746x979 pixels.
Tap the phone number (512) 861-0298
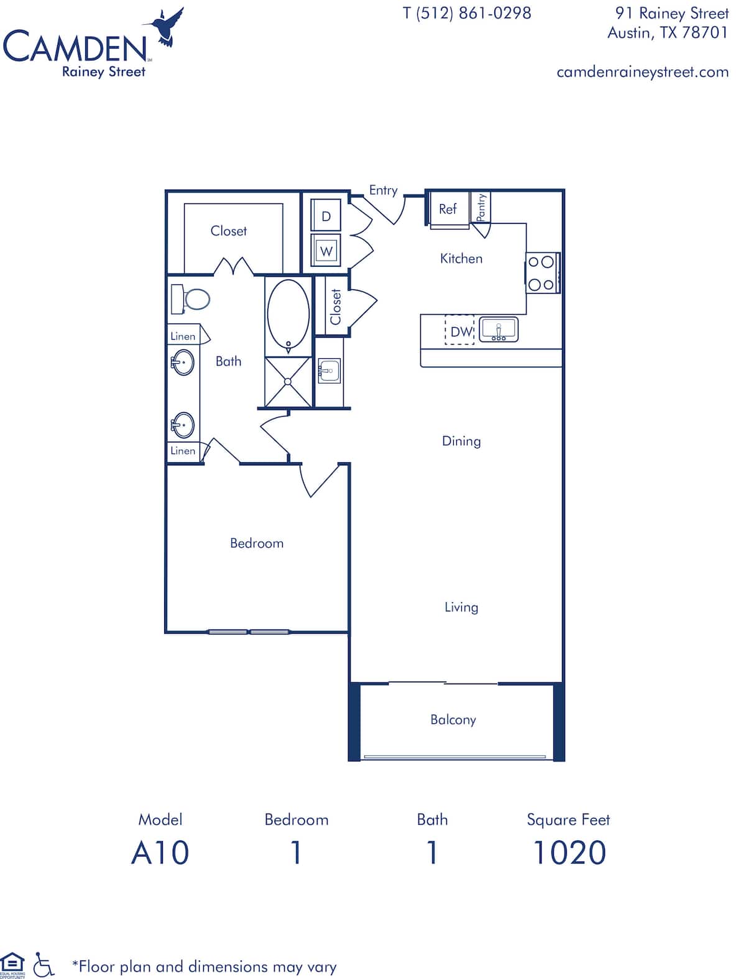point(467,13)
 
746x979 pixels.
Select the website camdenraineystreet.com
point(642,72)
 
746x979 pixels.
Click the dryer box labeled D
point(326,216)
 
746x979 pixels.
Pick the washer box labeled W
point(326,251)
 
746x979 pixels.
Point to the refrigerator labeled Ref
point(448,209)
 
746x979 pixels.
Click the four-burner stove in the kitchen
point(541,273)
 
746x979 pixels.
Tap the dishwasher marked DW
point(461,332)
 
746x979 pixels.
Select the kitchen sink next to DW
point(499,330)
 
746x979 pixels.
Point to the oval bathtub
point(288,315)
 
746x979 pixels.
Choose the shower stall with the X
point(287,382)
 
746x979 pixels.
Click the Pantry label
point(481,207)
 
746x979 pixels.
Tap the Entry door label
point(383,190)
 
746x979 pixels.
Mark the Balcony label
point(453,720)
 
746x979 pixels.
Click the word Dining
point(461,441)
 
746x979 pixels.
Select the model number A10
point(160,852)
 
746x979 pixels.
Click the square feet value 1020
point(569,852)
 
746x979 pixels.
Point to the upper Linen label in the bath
point(183,336)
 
